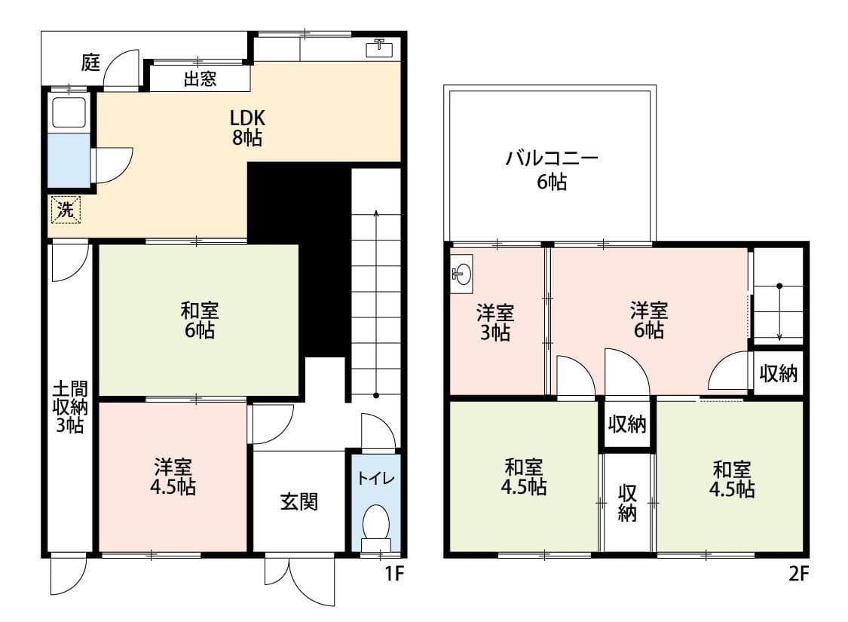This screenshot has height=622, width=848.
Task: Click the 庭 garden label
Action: coord(90,63)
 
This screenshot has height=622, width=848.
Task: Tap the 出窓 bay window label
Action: coord(200,79)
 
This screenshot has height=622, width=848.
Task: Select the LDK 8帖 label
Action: coord(247,128)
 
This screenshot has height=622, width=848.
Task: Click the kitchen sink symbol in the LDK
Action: coord(378,49)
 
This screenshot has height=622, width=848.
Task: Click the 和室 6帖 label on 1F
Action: coord(199,320)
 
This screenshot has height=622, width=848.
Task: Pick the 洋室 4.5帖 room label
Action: coord(173,477)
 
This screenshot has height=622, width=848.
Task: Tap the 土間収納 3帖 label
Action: coord(69,407)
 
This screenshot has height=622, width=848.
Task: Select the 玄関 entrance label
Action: coord(298,501)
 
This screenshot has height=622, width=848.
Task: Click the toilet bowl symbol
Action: coord(375,522)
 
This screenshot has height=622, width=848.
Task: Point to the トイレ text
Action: coord(375,477)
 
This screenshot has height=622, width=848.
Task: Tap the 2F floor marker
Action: coord(798,575)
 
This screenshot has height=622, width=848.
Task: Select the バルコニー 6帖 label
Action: coord(552,170)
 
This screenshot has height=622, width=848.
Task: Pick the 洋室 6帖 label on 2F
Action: coord(648,320)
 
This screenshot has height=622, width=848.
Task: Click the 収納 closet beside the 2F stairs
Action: coord(778,373)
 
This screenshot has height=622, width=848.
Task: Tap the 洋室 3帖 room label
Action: coord(495,322)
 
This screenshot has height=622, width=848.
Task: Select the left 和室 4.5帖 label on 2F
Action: coord(524,477)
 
